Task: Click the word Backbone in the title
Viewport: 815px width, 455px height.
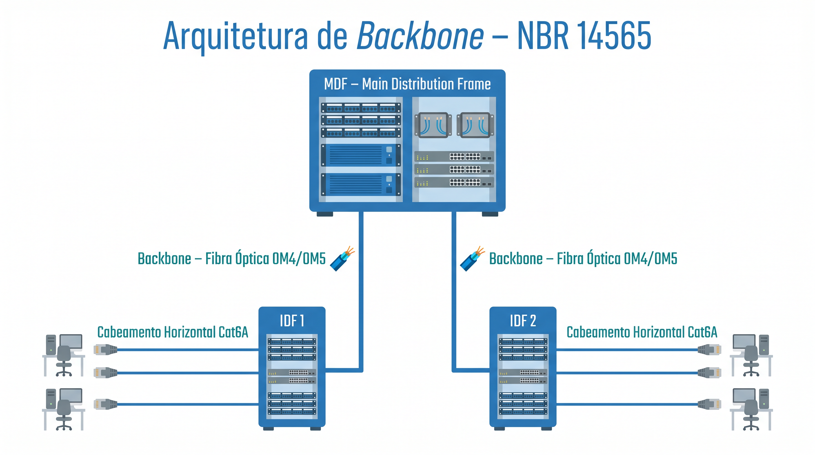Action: click(420, 36)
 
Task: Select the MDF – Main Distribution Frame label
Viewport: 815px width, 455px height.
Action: click(407, 84)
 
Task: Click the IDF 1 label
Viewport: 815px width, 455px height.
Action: click(292, 321)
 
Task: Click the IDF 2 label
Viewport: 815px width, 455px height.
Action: click(523, 321)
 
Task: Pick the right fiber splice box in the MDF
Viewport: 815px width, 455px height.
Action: click(475, 125)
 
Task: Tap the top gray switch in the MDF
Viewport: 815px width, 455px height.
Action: click(454, 157)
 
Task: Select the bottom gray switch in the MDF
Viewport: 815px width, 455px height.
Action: click(454, 182)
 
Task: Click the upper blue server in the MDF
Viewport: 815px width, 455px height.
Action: click(361, 155)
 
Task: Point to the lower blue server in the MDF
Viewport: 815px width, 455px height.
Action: click(361, 185)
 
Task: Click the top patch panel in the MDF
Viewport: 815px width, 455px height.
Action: click(361, 108)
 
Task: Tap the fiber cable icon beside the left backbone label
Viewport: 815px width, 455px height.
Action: click(342, 259)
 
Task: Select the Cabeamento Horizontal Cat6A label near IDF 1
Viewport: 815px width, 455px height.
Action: click(172, 332)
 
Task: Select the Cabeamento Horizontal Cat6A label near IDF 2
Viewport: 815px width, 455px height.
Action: click(642, 332)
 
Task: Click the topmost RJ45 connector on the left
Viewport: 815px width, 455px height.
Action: click(106, 350)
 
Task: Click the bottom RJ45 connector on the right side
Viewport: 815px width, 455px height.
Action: click(709, 404)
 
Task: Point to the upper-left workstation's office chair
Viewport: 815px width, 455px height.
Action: click(64, 361)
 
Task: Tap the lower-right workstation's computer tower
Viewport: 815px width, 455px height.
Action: click(764, 399)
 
